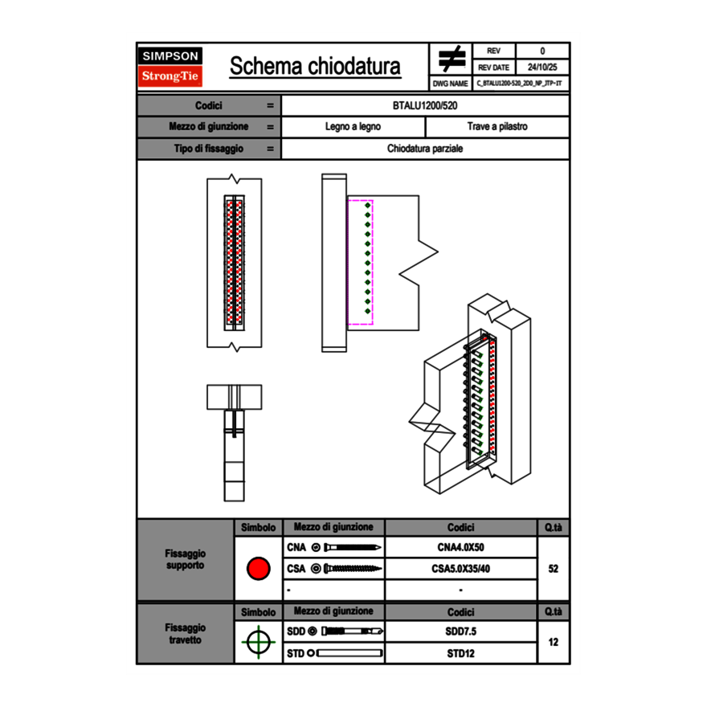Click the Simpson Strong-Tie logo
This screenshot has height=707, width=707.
[x=170, y=67]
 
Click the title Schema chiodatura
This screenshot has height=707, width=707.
[x=315, y=67]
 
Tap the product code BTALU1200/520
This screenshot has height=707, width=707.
[x=425, y=105]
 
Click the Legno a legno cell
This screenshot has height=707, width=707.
[x=353, y=127]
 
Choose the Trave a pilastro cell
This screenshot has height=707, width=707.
[x=497, y=127]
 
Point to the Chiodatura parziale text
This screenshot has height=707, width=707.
[x=425, y=149]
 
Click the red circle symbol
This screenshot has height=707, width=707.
[x=258, y=569]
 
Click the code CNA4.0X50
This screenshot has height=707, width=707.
[x=460, y=548]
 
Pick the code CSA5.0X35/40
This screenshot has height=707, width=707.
[x=460, y=569]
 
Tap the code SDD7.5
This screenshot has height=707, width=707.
[x=460, y=631]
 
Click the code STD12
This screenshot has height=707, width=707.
[x=460, y=653]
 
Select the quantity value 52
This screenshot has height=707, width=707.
[x=553, y=569]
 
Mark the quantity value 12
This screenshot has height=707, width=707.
[x=553, y=642]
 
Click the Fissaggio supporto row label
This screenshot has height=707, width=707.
[x=185, y=559]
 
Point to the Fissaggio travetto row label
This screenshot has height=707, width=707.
[x=185, y=633]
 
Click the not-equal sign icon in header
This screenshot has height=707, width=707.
[x=452, y=60]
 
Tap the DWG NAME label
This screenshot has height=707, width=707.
[x=450, y=83]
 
